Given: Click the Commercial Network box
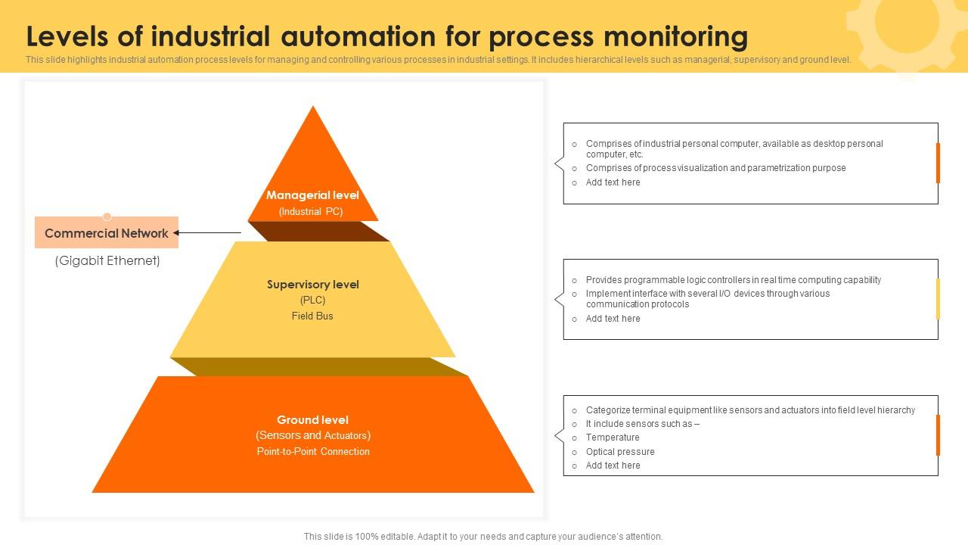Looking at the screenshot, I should coord(107,233).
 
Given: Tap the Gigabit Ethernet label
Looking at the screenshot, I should coord(107,261).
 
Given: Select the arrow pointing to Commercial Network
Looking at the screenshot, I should coord(208,233).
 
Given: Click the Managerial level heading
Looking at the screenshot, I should coord(312,195).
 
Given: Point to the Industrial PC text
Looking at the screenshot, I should coord(311,212).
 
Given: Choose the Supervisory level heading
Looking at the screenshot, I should coord(312,285).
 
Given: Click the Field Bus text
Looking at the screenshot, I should coord(312,316).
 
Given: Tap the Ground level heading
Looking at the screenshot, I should coord(312,420).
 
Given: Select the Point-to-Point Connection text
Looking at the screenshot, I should coord(313,452).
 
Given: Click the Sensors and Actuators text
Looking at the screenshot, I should coord(313,435).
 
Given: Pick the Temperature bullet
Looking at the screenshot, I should coord(613,438).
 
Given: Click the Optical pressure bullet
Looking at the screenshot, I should coord(620,452).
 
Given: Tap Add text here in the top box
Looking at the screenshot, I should coord(613,182).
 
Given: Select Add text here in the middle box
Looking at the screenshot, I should coord(613,319).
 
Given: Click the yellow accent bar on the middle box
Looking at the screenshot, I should coord(938,299).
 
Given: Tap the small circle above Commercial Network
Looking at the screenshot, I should coord(107,216).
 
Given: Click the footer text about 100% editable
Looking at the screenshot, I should coord(483,537).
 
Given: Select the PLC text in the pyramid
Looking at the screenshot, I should coord(312,301).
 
